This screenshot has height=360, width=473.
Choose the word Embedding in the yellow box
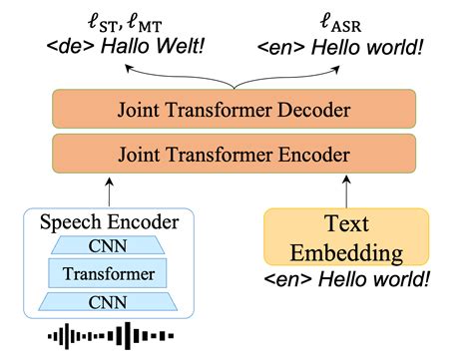point(345,250)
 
